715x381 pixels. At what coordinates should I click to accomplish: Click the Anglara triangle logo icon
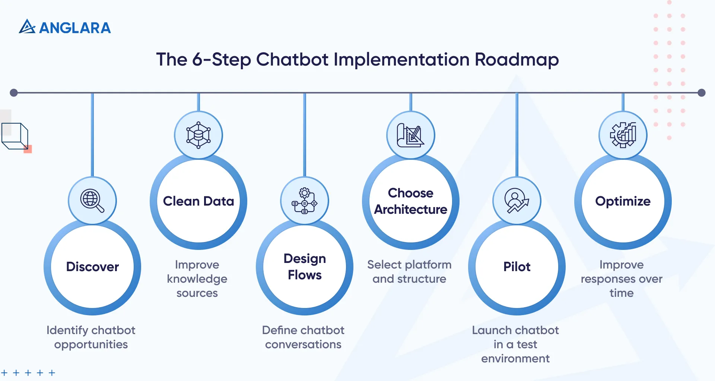click(27, 27)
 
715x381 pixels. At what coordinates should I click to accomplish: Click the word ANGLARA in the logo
click(75, 28)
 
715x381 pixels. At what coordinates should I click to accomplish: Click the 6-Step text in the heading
click(221, 60)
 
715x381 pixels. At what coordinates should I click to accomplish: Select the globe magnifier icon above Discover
click(92, 201)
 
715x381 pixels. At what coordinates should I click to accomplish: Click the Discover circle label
click(92, 267)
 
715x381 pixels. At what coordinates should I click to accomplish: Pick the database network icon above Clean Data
click(198, 135)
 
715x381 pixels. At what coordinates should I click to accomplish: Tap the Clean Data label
click(198, 201)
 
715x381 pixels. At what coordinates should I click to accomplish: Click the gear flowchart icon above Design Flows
click(304, 201)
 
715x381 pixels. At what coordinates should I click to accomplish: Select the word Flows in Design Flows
click(304, 275)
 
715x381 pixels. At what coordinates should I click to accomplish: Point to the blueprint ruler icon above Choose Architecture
click(410, 135)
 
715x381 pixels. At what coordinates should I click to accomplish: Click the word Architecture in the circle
click(410, 209)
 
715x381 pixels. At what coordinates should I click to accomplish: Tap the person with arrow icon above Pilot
click(517, 201)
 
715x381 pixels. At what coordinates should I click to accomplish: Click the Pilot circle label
click(517, 267)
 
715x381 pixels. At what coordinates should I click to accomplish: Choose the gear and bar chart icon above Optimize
click(623, 135)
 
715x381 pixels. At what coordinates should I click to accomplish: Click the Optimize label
click(623, 201)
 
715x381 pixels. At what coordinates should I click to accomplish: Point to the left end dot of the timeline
click(14, 93)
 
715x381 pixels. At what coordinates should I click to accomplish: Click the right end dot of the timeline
click(702, 93)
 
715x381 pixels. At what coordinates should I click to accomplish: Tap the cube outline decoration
click(15, 136)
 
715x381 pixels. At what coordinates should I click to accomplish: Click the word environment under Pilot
click(515, 358)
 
